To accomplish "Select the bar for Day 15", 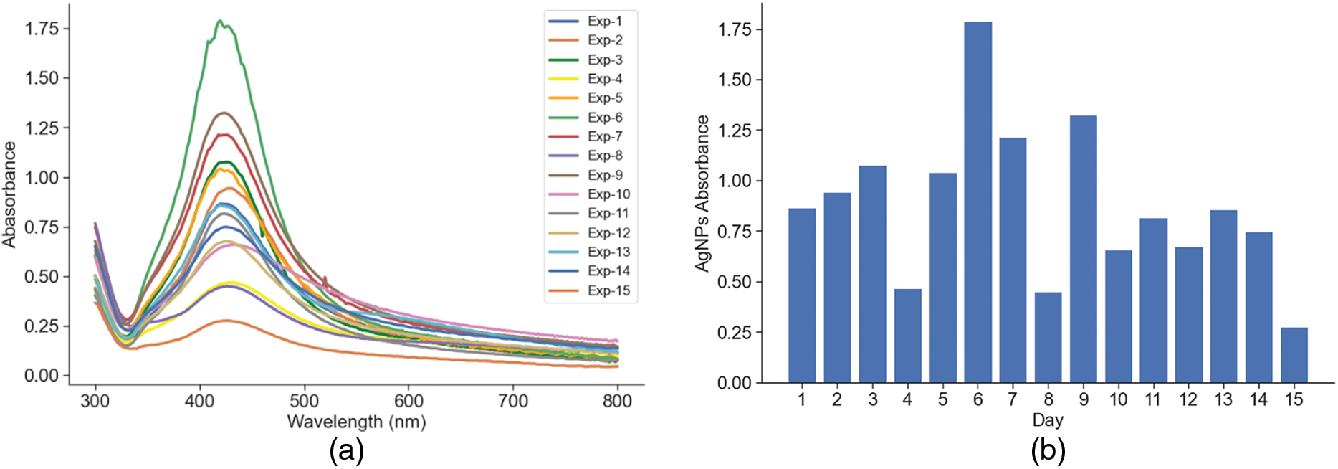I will [1294, 355].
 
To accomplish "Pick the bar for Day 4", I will [907, 336].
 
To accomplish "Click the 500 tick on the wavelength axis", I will [305, 400].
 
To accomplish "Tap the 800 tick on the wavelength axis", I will [618, 400].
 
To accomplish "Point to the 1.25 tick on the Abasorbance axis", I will [42, 128].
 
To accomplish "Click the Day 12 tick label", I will [1188, 399].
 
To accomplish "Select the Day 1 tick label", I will [802, 399].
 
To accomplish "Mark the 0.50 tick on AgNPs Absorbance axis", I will [734, 282].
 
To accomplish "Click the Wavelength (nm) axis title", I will [356, 422].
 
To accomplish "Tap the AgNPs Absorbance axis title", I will [702, 194].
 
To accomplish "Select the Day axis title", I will [1048, 420].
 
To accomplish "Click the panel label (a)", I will [346, 450].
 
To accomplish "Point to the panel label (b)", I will [1048, 450].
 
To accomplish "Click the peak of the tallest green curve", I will [221, 21].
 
